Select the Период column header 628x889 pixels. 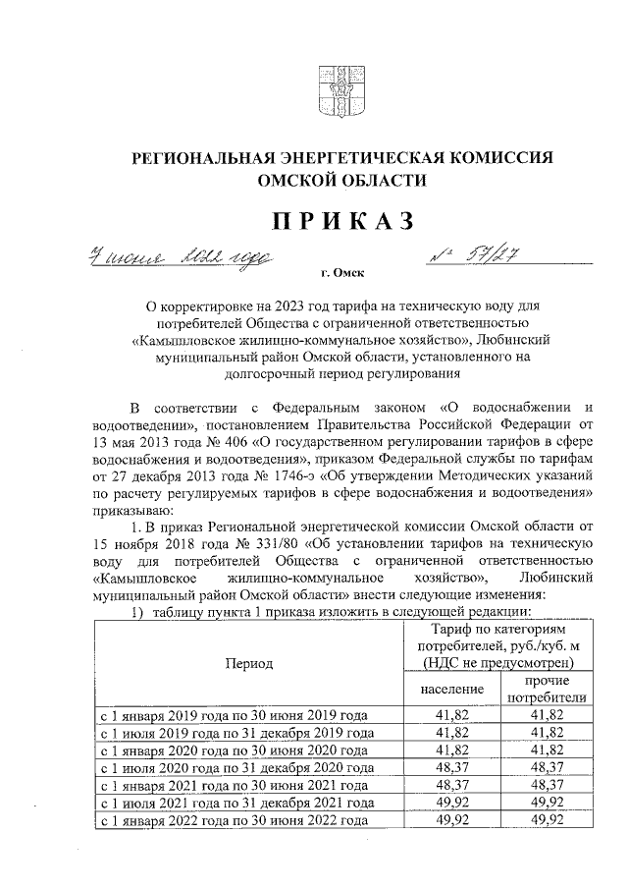point(249,663)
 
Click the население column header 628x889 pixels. point(452,689)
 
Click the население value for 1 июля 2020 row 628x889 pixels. point(452,767)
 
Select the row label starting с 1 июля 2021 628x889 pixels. point(234,803)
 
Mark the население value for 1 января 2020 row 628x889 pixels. point(452,750)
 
